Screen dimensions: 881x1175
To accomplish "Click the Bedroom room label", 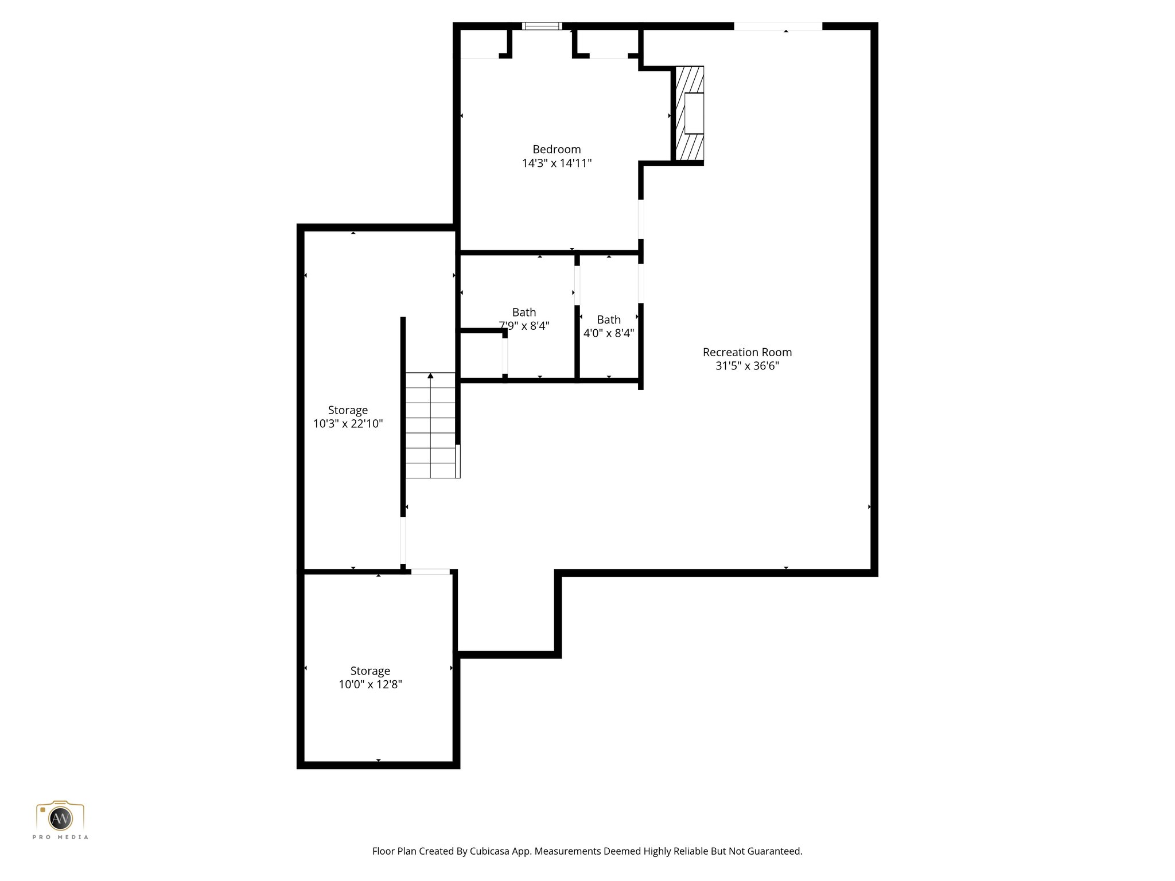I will coord(557,150).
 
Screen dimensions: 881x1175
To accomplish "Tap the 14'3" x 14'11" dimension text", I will coord(557,163).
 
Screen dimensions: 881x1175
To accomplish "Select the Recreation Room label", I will coord(747,352).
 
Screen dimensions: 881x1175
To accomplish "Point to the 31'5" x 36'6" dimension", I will coord(747,366).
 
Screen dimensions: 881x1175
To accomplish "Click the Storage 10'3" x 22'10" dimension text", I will coord(348,424).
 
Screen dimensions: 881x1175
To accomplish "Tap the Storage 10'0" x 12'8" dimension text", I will coord(370,685).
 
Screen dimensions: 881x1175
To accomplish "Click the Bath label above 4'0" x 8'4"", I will coord(609,320).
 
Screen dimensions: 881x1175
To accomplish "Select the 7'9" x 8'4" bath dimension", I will coord(524,326).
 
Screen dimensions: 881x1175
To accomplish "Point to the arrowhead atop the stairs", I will coord(430,376).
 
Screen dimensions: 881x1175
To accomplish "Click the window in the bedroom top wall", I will coord(542,26).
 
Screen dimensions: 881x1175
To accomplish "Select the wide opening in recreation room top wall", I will coord(778,26).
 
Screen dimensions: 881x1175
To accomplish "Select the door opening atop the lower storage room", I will coord(430,571).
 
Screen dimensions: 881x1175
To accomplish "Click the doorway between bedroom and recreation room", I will coord(641,219).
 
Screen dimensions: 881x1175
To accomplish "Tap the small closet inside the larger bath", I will coord(481,356).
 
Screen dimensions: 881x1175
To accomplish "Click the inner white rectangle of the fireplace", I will coord(694,114).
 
